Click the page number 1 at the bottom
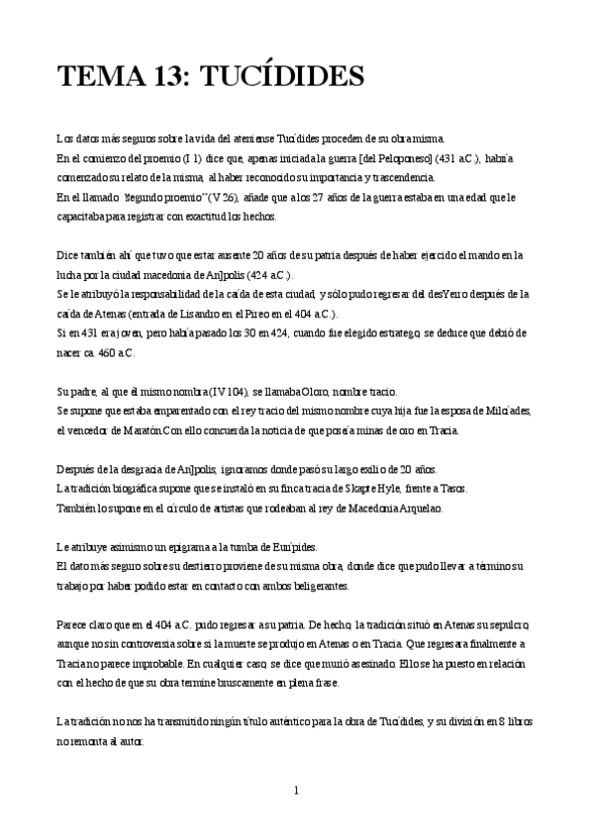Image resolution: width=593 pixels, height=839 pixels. coord(296,791)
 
